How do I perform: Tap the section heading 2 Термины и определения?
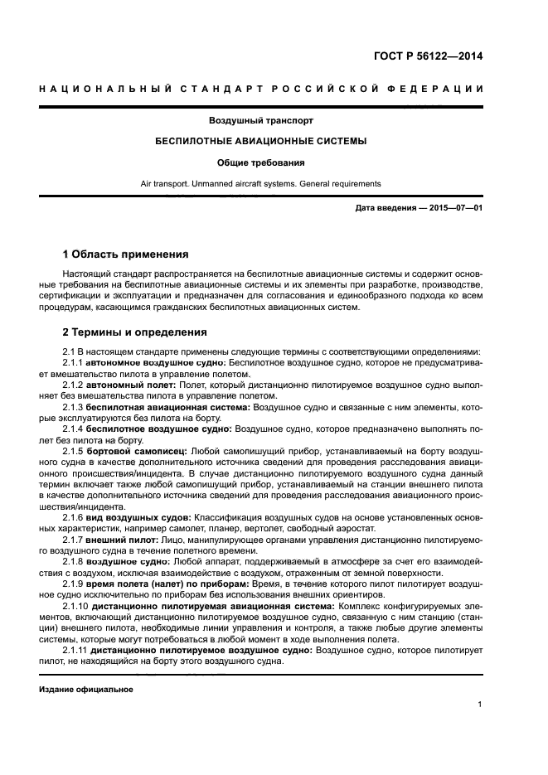coord(135,332)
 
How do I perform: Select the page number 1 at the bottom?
coord(480,705)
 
